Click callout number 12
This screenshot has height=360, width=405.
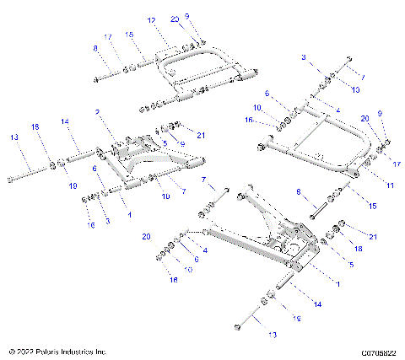click(x=152, y=19)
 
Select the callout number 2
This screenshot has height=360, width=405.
click(x=98, y=111)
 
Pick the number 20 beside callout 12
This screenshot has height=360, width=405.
click(x=175, y=19)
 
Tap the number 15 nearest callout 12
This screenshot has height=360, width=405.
click(x=129, y=35)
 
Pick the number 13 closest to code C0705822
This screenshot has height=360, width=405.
click(x=249, y=335)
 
